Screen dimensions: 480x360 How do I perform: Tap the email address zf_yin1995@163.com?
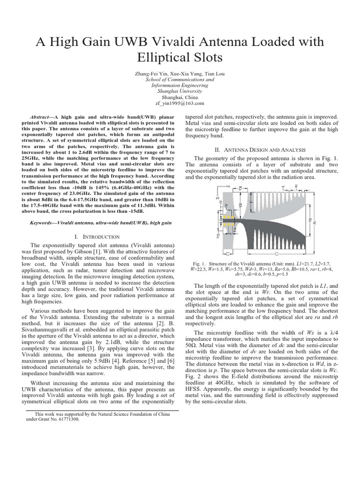(x=180, y=103)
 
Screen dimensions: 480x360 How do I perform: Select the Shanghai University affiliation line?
(x=180, y=91)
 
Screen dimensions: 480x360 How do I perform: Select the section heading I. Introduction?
(x=100, y=237)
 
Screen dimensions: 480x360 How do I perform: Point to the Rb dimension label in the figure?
(x=240, y=205)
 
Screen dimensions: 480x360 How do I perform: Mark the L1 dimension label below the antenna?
(x=275, y=254)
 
